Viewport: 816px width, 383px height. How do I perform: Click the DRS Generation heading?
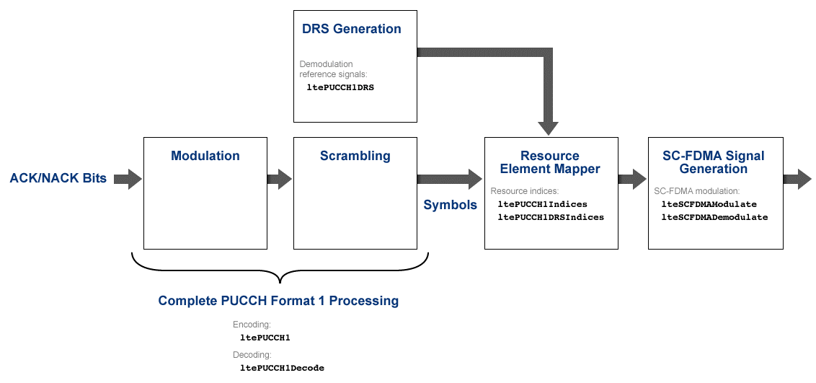tap(351, 30)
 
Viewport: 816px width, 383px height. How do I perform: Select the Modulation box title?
tap(205, 156)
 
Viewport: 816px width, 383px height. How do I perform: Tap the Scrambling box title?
tap(355, 156)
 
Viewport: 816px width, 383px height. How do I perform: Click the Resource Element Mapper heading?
tap(550, 162)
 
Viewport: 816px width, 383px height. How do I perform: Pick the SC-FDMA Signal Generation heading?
tap(714, 162)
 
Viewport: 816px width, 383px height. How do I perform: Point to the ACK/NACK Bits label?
tap(58, 178)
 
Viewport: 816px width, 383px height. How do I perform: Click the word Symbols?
tap(450, 205)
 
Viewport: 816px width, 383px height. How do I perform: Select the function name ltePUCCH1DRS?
tap(340, 87)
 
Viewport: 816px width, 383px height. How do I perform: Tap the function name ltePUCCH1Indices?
tap(542, 204)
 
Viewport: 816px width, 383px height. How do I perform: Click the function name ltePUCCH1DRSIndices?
tap(551, 216)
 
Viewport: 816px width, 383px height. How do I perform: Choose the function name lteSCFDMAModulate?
tap(709, 204)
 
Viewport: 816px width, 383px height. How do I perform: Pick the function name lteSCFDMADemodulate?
tap(714, 216)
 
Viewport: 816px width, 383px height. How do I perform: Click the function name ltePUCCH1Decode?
tap(282, 368)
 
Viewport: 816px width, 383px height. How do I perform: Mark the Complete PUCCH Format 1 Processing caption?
tap(278, 301)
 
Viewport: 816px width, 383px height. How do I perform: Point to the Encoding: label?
tap(252, 325)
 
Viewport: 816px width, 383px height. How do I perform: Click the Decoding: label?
tap(252, 355)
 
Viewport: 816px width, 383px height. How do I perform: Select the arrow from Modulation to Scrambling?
tap(279, 179)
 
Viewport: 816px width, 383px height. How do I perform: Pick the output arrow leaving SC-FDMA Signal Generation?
tap(798, 179)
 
